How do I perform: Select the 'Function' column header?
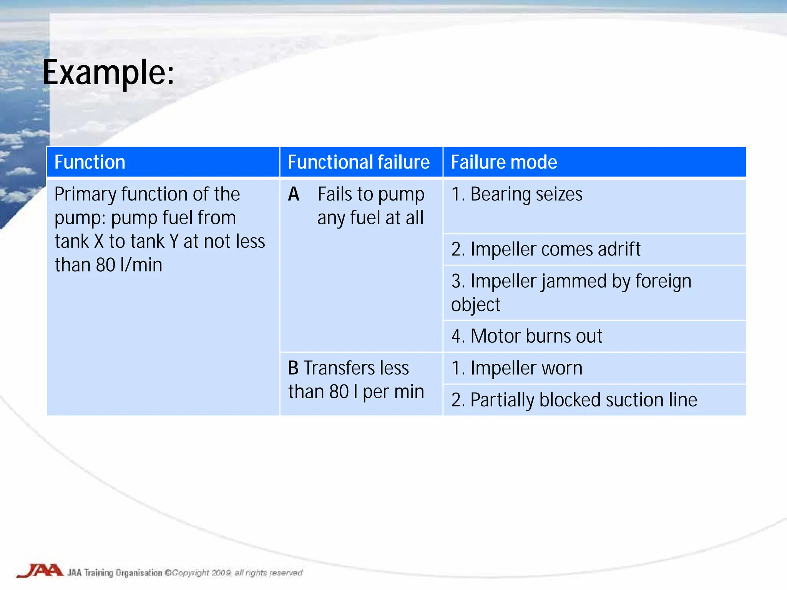[x=90, y=162]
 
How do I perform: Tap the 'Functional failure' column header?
[x=359, y=162]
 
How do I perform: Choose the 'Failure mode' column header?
[x=504, y=162]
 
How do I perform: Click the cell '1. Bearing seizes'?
[x=517, y=194]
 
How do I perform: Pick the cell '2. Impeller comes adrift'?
[x=546, y=249]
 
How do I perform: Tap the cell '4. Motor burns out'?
[x=526, y=336]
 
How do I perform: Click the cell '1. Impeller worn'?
[x=517, y=368]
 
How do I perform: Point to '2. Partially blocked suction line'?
[x=574, y=400]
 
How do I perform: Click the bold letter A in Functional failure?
[x=294, y=194]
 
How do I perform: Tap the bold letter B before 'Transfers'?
[x=293, y=368]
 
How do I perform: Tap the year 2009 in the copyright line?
[x=221, y=573]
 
